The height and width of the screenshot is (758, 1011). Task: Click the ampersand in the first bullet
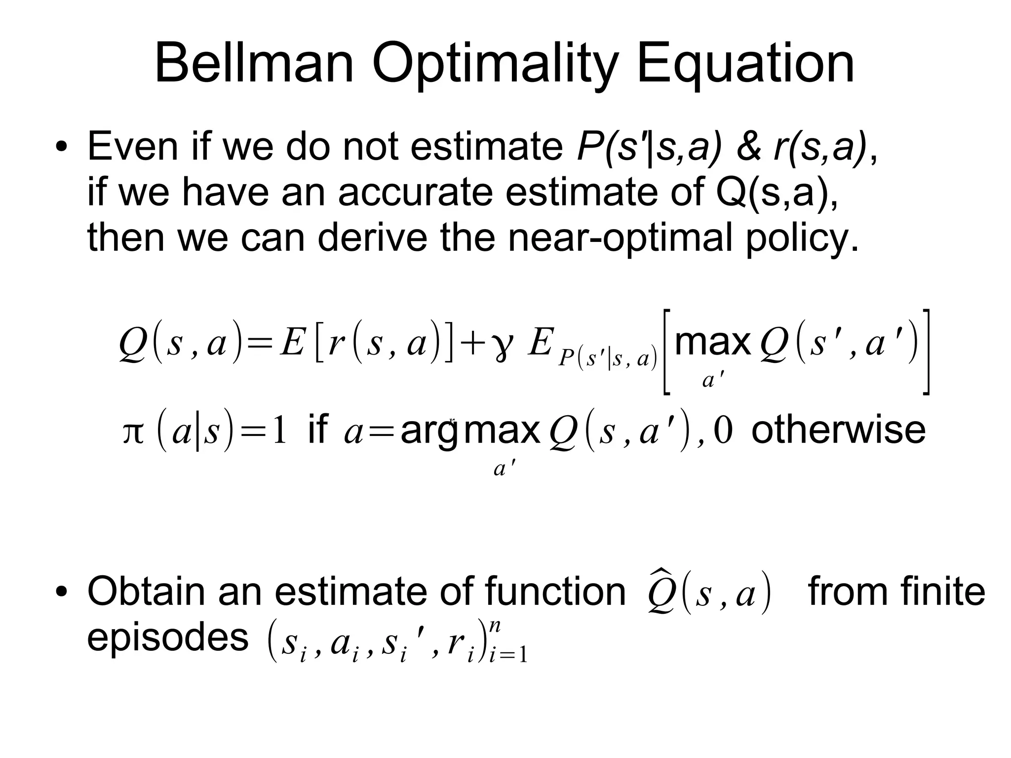pyautogui.click(x=749, y=147)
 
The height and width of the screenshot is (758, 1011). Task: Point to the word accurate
pyautogui.click(x=415, y=193)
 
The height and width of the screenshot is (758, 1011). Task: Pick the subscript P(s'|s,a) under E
pyautogui.click(x=608, y=359)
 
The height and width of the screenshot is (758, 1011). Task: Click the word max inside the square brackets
pyautogui.click(x=712, y=342)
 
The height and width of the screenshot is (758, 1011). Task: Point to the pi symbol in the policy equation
pyautogui.click(x=133, y=431)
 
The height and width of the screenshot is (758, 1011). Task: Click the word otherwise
pyautogui.click(x=838, y=430)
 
